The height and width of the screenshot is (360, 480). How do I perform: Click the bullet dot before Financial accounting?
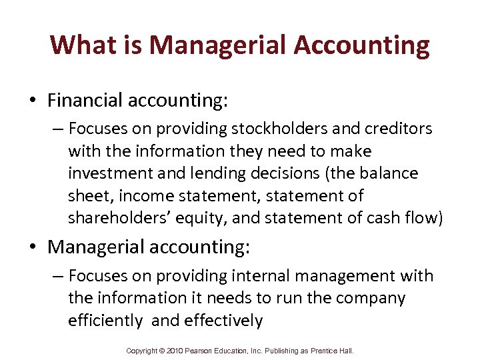33,101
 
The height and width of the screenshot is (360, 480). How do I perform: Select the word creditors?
400,128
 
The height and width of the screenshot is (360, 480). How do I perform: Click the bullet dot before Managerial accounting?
33,247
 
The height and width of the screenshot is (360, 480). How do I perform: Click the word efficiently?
105,321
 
